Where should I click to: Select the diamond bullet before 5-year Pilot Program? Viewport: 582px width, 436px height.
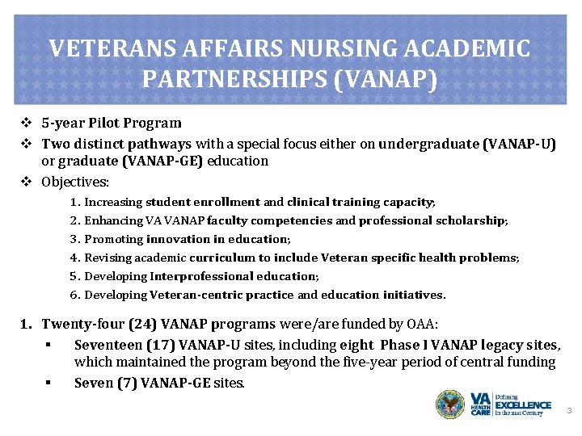tap(27, 124)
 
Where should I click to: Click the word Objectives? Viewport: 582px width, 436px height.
tap(75, 182)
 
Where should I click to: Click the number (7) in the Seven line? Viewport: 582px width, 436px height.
tap(124, 382)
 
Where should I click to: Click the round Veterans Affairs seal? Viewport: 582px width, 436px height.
tap(450, 404)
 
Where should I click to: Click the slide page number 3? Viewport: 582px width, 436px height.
tap(568, 411)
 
